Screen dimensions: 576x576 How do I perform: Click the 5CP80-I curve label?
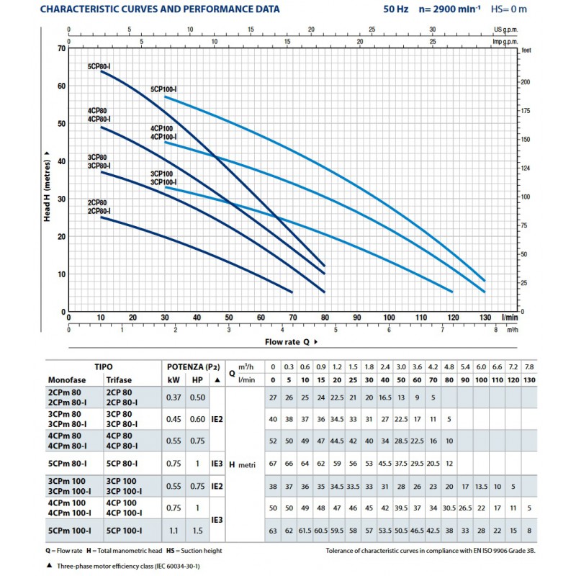99,66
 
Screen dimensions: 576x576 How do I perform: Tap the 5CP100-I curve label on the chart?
163,89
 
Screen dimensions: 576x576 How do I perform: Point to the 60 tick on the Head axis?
61,86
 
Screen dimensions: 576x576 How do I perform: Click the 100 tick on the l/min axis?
389,318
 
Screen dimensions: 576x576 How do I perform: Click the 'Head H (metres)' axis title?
47,186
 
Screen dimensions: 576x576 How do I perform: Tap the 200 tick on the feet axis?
526,82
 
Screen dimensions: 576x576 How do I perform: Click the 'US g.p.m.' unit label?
506,30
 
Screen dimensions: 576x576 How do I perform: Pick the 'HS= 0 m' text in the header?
509,9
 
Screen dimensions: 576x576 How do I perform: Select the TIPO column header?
104,366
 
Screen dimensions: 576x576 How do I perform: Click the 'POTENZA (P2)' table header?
193,367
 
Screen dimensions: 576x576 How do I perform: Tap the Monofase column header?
67,380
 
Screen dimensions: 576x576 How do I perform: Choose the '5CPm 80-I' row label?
67,464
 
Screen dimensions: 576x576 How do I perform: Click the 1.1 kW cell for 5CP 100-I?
174,531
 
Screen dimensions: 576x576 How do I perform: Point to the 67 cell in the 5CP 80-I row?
273,464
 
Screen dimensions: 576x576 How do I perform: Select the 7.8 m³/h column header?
529,367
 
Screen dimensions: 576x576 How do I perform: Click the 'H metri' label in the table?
242,464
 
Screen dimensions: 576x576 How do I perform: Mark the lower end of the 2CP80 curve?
292,292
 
